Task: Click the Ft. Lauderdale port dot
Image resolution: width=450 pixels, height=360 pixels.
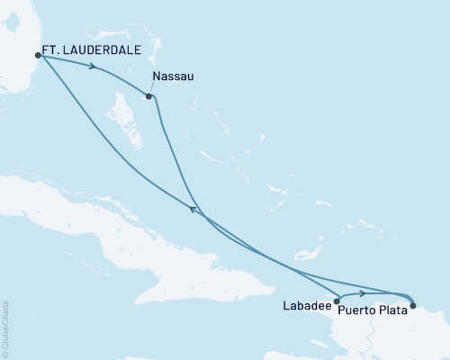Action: pyautogui.click(x=38, y=55)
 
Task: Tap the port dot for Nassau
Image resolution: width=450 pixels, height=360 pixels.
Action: pyautogui.click(x=148, y=95)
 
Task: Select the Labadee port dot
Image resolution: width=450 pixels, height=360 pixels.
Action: pyautogui.click(x=337, y=301)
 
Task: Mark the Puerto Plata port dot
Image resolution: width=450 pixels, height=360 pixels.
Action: pyautogui.click(x=413, y=306)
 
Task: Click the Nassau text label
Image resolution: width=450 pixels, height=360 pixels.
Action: pyautogui.click(x=173, y=76)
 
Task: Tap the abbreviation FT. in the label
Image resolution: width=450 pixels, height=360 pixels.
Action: pyautogui.click(x=51, y=52)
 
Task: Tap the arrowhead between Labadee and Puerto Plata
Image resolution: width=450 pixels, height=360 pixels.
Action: pyautogui.click(x=362, y=293)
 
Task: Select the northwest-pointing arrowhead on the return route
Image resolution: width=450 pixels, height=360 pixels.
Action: pyautogui.click(x=191, y=209)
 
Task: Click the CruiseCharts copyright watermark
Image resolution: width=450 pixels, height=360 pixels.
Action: pyautogui.click(x=6, y=328)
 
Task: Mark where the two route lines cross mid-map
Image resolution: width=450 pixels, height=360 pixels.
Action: pyautogui.click(x=202, y=218)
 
